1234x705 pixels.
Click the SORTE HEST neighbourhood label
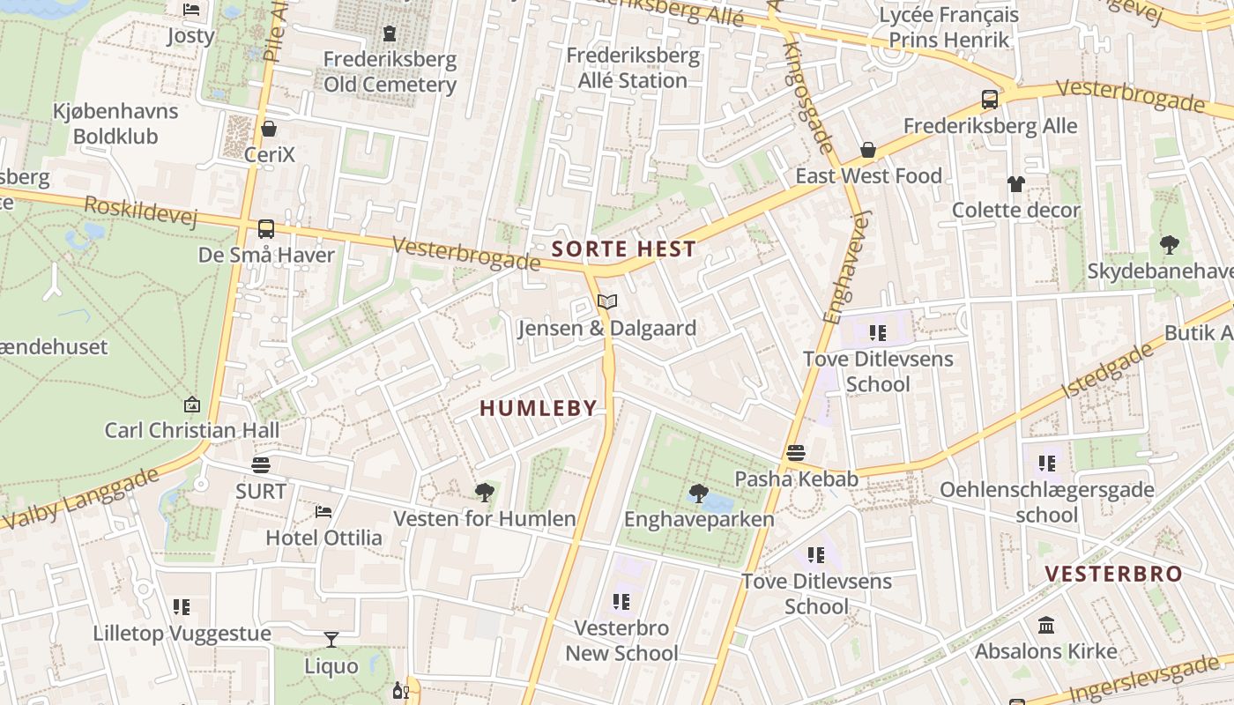pyautogui.click(x=624, y=249)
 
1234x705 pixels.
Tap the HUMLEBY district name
pyautogui.click(x=539, y=408)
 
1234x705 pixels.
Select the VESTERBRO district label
pyautogui.click(x=1113, y=574)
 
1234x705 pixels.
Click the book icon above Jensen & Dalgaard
pyautogui.click(x=606, y=302)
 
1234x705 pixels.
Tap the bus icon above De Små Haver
pyautogui.click(x=265, y=229)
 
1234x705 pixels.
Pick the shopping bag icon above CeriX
pyautogui.click(x=269, y=129)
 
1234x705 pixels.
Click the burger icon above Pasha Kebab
pyautogui.click(x=796, y=453)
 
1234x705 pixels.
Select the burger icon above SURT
pyautogui.click(x=260, y=464)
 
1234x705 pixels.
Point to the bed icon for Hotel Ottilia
pyautogui.click(x=323, y=512)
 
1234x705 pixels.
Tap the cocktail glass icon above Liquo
pyautogui.click(x=331, y=640)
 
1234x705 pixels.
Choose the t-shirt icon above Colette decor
pyautogui.click(x=1016, y=184)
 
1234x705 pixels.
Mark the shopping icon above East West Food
pyautogui.click(x=868, y=150)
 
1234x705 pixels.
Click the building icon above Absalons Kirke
pyautogui.click(x=1046, y=626)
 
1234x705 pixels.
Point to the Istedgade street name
pyautogui.click(x=1108, y=371)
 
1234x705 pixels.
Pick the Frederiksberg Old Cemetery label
pyautogui.click(x=390, y=72)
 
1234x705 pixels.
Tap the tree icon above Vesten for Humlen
pyautogui.click(x=484, y=493)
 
